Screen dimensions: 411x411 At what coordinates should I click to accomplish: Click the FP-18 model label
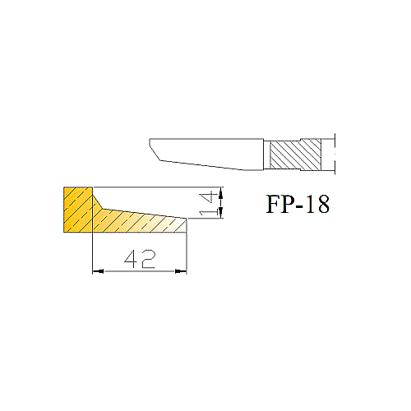pyautogui.click(x=298, y=204)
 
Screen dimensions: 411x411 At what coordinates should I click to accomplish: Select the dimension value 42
pyautogui.click(x=140, y=259)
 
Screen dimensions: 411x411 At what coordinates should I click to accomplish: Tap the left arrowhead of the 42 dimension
pyautogui.click(x=98, y=271)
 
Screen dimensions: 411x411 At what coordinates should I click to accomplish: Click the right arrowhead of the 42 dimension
pyautogui.click(x=181, y=271)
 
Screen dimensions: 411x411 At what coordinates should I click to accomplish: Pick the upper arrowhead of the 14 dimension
pyautogui.click(x=222, y=193)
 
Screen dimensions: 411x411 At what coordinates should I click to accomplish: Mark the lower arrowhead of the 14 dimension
pyautogui.click(x=222, y=213)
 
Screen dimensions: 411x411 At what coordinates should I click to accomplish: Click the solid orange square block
pyautogui.click(x=78, y=210)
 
